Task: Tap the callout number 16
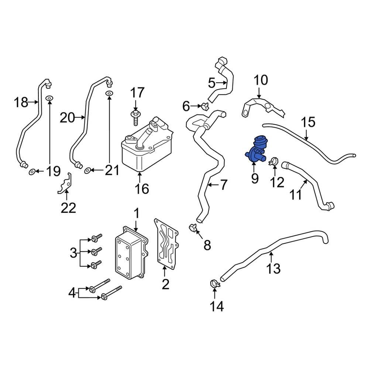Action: coord(141,189)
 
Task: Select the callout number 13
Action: coord(274,268)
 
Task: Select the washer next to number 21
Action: coord(88,170)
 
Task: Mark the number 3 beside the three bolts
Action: coord(73,253)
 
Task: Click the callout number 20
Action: coord(67,118)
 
